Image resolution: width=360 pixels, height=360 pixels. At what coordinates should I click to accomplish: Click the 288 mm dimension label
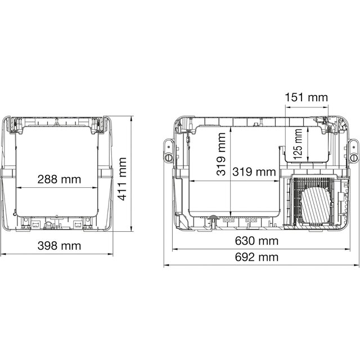point(59,179)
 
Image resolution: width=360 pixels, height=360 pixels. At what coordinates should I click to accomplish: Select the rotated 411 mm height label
point(122,179)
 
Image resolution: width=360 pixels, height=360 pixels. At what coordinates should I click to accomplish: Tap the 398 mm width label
point(59,246)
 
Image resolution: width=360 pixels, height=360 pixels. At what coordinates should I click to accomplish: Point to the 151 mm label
point(306,97)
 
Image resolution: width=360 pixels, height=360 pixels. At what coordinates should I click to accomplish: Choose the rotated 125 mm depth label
point(298,145)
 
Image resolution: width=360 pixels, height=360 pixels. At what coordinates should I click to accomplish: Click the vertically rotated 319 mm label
point(221,154)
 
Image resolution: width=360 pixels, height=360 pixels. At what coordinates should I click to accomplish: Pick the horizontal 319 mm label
point(254,172)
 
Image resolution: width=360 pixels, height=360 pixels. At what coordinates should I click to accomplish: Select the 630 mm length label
point(256,241)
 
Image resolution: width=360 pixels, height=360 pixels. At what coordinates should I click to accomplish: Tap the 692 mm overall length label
point(256,257)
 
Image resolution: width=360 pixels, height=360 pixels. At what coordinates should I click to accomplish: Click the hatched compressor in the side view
point(316,205)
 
